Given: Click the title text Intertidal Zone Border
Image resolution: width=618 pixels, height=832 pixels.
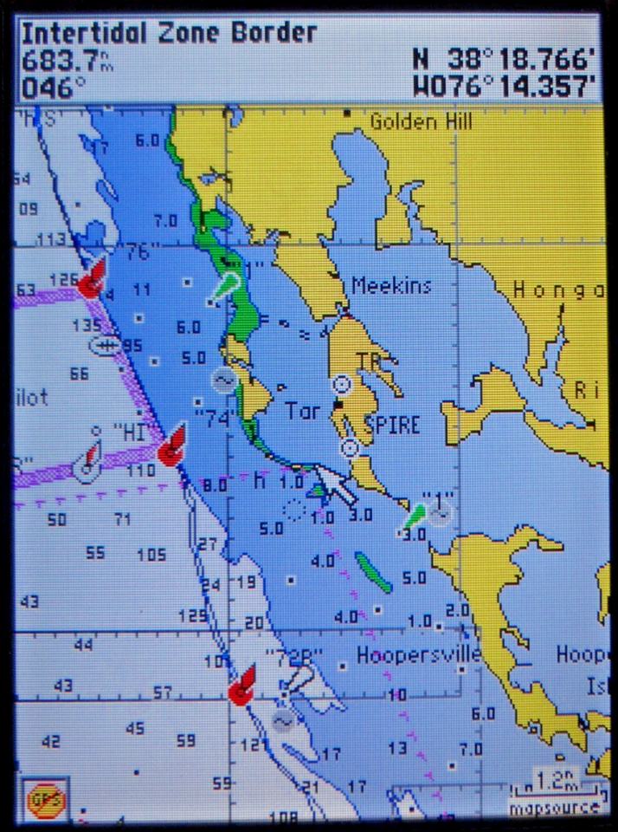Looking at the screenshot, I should (169, 34).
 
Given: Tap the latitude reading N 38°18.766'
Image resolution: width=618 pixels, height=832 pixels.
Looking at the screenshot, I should (504, 59).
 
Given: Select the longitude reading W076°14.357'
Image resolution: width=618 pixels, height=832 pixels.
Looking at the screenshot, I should (504, 86).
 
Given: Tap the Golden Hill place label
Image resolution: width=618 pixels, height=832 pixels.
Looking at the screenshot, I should (415, 121).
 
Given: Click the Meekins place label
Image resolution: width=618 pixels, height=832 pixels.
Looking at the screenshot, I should (390, 285).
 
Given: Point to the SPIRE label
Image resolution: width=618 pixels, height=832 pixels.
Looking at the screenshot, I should (391, 426).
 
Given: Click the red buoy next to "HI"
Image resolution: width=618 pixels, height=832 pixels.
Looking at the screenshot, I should (171, 445).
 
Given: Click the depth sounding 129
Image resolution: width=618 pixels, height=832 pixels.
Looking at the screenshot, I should (192, 616).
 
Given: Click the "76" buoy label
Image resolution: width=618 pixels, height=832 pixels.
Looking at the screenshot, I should (138, 252).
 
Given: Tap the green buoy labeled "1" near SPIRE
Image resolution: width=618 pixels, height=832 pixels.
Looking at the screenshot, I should (415, 517).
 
